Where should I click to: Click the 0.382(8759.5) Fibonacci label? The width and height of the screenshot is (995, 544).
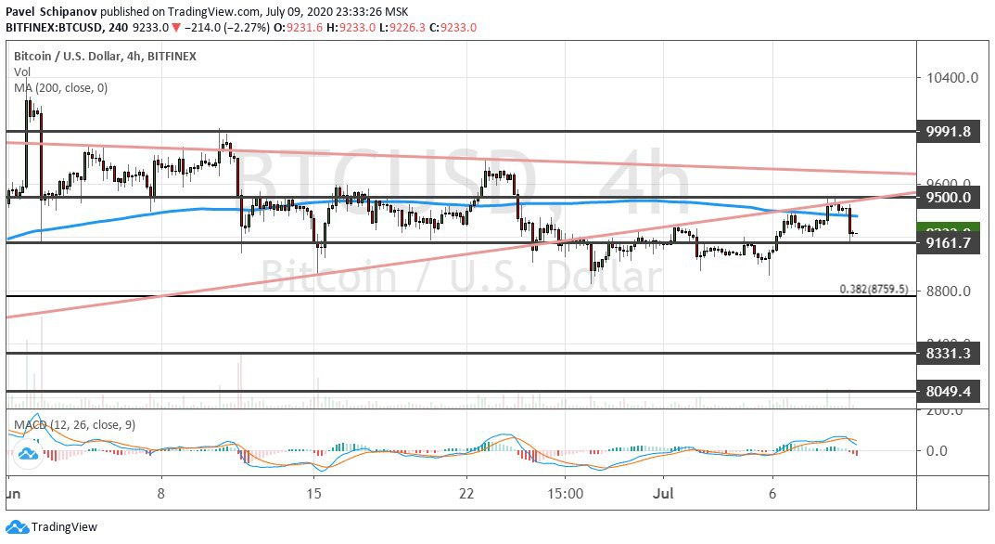pyautogui.click(x=873, y=289)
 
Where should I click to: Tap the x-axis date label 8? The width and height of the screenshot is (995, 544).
pyautogui.click(x=161, y=493)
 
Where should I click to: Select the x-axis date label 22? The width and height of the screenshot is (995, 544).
pyautogui.click(x=467, y=493)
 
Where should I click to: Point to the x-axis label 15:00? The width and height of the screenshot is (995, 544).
pyautogui.click(x=566, y=493)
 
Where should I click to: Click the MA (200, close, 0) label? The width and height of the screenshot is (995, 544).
pyautogui.click(x=60, y=88)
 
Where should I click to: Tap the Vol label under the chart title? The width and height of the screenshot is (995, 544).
pyautogui.click(x=22, y=72)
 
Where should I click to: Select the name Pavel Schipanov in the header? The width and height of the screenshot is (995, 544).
pyautogui.click(x=50, y=11)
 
